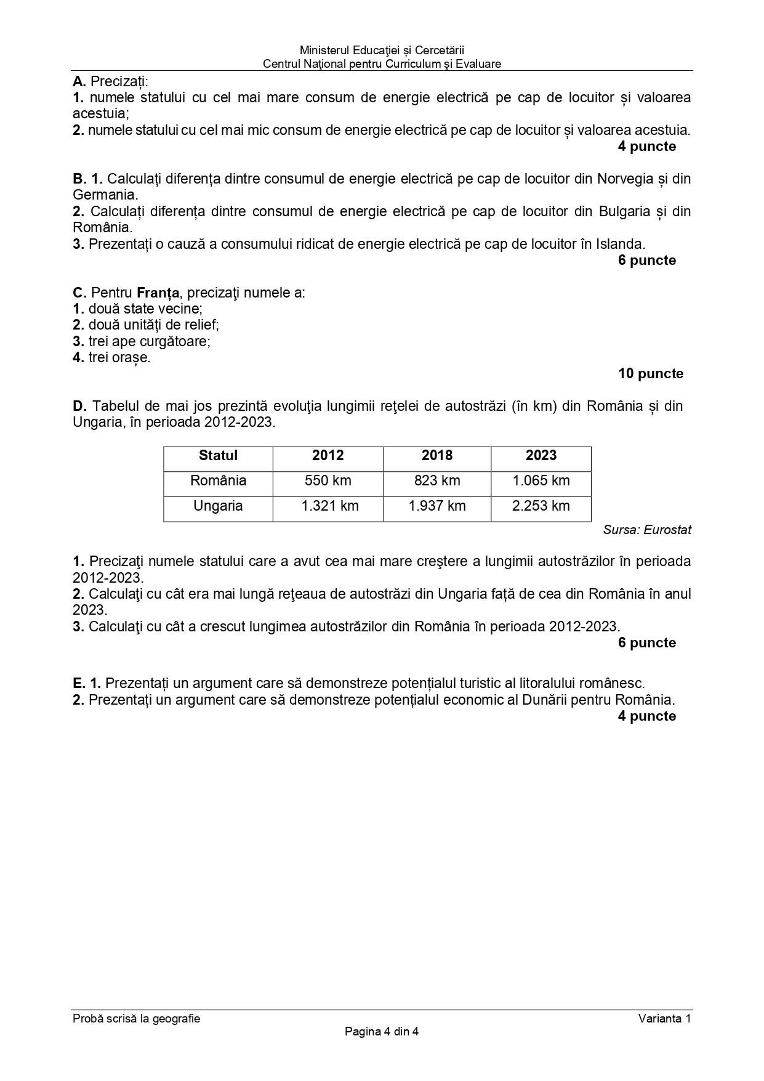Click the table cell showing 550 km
pyautogui.click(x=328, y=481)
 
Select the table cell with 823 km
pyautogui.click(x=437, y=481)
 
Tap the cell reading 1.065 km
pyautogui.click(x=541, y=481)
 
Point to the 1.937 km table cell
pyautogui.click(x=437, y=506)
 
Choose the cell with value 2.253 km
pyautogui.click(x=541, y=506)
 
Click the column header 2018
pyautogui.click(x=437, y=456)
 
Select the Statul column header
pyautogui.click(x=218, y=456)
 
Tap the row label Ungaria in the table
pyautogui.click(x=218, y=506)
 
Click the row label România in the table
pyautogui.click(x=218, y=481)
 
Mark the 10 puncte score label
pyautogui.click(x=651, y=374)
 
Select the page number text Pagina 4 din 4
pyautogui.click(x=382, y=1032)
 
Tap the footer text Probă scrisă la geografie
pyautogui.click(x=136, y=1019)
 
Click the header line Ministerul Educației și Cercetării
pyautogui.click(x=382, y=50)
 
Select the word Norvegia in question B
pyautogui.click(x=625, y=179)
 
